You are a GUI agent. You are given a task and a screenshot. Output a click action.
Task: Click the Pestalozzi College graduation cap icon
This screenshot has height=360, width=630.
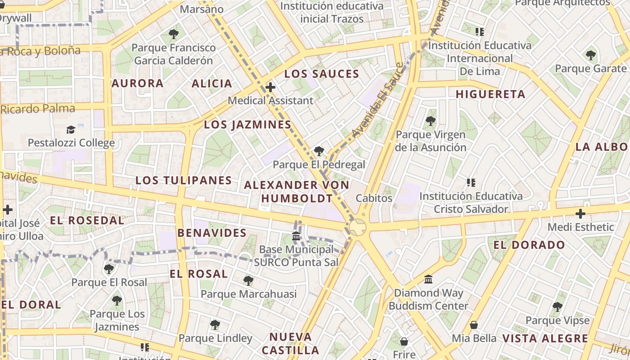tap(71, 130)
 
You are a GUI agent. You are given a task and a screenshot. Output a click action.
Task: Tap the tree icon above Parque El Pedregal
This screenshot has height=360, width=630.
tap(319, 151)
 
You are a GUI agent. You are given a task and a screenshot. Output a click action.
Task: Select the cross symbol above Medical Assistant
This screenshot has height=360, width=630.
tap(270, 87)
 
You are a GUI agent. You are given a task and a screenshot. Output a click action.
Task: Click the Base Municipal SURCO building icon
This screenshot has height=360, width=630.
tap(296, 236)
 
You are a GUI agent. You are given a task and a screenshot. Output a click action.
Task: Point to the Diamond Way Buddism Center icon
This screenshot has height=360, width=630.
tap(428, 279)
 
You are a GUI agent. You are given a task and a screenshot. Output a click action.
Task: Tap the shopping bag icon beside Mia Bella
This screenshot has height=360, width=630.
tap(474, 324)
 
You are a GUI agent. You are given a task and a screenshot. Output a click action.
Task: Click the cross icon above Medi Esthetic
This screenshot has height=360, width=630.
tap(580, 213)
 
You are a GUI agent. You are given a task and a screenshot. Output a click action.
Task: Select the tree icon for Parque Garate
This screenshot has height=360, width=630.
tap(590, 55)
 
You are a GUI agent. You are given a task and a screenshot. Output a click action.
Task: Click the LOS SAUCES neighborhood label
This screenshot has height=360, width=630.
tap(322, 74)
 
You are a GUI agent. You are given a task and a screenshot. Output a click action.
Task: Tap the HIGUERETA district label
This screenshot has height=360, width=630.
tap(490, 94)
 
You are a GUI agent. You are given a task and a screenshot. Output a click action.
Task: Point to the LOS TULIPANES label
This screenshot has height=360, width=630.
tap(184, 181)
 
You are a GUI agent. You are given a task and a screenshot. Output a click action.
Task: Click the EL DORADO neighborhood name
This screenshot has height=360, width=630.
tap(529, 245)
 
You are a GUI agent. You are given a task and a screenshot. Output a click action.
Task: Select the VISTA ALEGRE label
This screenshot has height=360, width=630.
tap(545, 339)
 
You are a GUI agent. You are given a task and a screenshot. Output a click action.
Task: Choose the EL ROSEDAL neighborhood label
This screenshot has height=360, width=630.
tap(87, 220)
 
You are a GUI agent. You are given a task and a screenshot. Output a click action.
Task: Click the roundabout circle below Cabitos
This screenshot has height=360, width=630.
tap(358, 227)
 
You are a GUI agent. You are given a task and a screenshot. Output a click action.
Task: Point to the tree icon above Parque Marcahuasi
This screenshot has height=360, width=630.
tap(248, 281)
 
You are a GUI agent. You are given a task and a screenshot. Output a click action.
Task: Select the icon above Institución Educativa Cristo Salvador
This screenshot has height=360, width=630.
tap(471, 183)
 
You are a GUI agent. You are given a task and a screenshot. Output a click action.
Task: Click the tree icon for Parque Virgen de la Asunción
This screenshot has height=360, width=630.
tap(431, 121)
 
